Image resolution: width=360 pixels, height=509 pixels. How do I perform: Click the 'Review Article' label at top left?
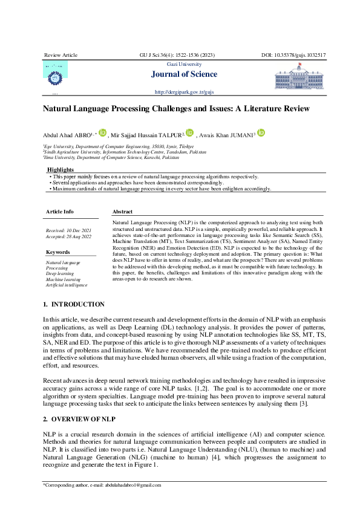61,55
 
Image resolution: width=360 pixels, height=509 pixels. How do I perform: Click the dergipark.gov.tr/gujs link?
184,92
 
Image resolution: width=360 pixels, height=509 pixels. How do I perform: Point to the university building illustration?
299,79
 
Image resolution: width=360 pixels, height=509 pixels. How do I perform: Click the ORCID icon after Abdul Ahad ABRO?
103,132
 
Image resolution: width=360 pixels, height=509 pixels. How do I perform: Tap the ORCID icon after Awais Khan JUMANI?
261,132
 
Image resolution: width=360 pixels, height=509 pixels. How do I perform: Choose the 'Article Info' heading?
60,212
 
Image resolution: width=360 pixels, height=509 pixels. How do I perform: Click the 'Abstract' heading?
123,212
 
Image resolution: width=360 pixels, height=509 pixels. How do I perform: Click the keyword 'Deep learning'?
60,273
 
